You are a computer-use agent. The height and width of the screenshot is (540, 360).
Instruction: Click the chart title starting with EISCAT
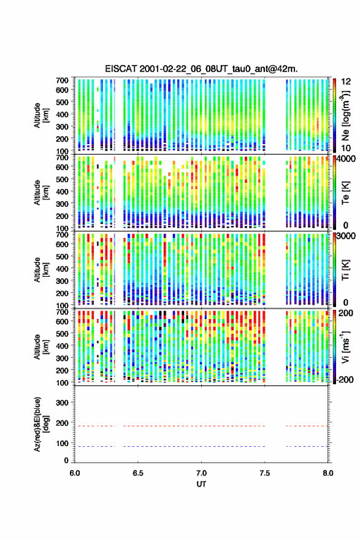click(x=201, y=69)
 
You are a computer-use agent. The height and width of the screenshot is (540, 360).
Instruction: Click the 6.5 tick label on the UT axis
click(x=138, y=473)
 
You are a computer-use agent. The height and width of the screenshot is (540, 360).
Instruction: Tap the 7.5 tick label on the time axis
click(x=265, y=473)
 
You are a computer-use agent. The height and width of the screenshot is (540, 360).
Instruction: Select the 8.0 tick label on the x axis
click(x=327, y=473)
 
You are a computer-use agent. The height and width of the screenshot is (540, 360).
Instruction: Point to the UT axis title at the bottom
click(x=201, y=484)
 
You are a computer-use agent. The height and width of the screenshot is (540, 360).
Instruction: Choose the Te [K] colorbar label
click(x=345, y=193)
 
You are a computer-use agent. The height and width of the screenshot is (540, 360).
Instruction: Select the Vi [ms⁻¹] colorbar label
click(x=345, y=347)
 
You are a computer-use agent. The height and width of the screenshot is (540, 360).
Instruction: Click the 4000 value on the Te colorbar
click(x=345, y=159)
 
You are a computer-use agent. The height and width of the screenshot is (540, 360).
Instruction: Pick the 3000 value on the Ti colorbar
click(x=346, y=236)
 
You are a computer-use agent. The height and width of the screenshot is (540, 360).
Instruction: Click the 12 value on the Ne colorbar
click(x=346, y=82)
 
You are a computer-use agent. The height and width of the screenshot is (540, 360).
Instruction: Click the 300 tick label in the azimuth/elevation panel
click(x=63, y=403)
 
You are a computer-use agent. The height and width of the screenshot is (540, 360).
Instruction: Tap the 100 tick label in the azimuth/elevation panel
click(x=63, y=443)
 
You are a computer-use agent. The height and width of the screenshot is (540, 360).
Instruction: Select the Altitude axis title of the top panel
click(x=41, y=115)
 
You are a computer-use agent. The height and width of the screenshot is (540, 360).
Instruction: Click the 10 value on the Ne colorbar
click(x=346, y=148)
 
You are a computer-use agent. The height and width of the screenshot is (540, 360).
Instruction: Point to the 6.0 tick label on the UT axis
click(x=75, y=473)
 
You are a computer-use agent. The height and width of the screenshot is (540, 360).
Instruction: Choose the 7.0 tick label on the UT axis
click(x=201, y=473)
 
